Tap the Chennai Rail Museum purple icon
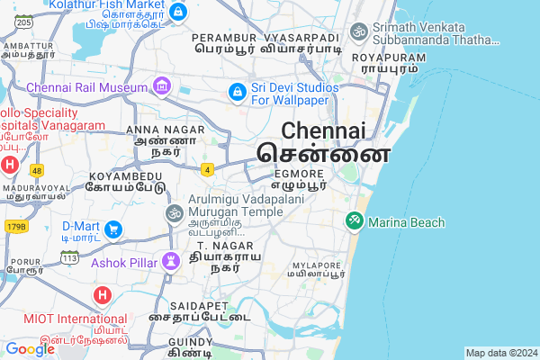[x=162, y=87]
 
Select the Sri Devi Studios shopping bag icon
[x=237, y=92]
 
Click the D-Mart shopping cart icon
[x=113, y=229]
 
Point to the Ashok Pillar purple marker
[x=171, y=262]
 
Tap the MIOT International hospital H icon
[x=102, y=295]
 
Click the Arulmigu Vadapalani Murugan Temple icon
[x=174, y=213]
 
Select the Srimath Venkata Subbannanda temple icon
[x=359, y=32]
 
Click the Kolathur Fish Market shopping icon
[x=178, y=13]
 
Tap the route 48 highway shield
[x=36, y=170]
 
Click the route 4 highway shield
[x=208, y=168]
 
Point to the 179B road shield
[x=16, y=225]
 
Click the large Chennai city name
[x=323, y=130]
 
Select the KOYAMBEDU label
[x=125, y=175]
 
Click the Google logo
[x=30, y=349]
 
